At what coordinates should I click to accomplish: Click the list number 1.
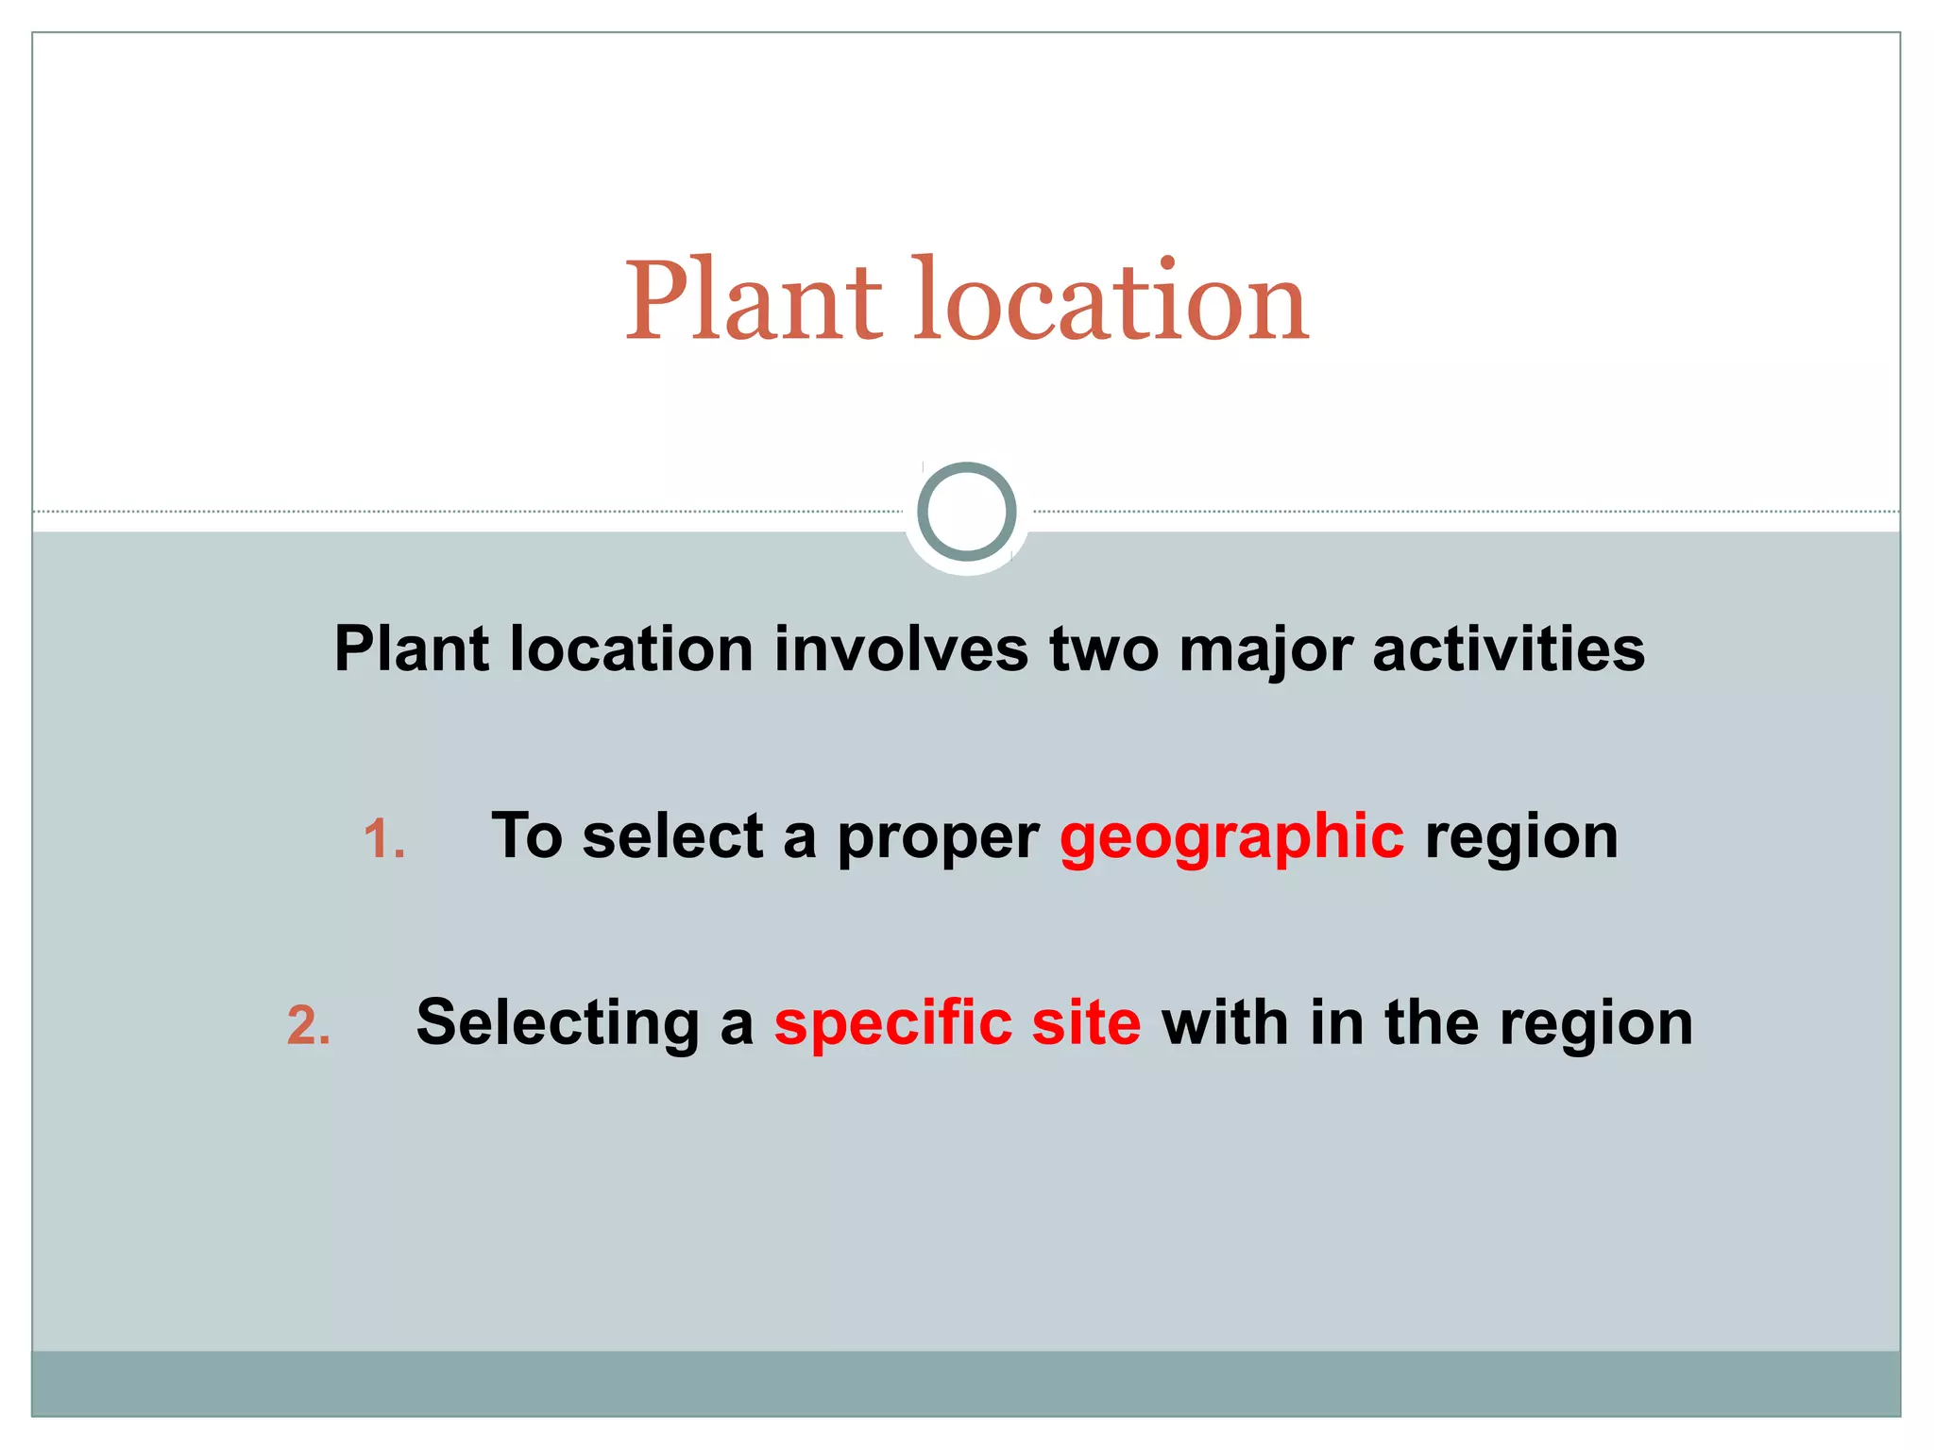(384, 839)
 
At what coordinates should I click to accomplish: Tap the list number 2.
(308, 1026)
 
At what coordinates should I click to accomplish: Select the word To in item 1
(526, 836)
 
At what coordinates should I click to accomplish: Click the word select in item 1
(672, 836)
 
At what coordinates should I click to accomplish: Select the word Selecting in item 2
(557, 1024)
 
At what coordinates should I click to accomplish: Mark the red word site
(1086, 1023)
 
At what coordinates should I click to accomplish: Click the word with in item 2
(1225, 1023)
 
